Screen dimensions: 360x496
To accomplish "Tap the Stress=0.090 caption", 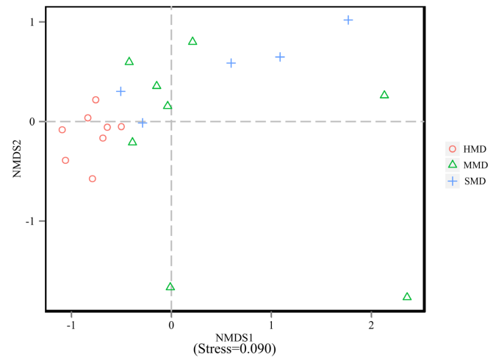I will [234, 348].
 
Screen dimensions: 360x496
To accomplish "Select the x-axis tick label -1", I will [71, 323].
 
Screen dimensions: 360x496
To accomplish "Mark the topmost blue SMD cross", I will [348, 20].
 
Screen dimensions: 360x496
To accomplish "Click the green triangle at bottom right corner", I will [407, 297].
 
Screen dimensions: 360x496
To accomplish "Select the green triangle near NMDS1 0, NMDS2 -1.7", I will [170, 287].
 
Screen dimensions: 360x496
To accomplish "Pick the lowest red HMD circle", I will [93, 179].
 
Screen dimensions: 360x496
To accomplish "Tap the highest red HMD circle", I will [96, 100].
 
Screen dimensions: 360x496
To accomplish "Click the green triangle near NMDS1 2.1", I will [384, 95].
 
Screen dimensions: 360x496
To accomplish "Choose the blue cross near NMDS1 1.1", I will [280, 57].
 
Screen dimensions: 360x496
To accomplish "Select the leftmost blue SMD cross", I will [121, 91].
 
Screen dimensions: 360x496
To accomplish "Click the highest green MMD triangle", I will [193, 41].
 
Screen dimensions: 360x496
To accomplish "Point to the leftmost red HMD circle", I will [62, 130].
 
